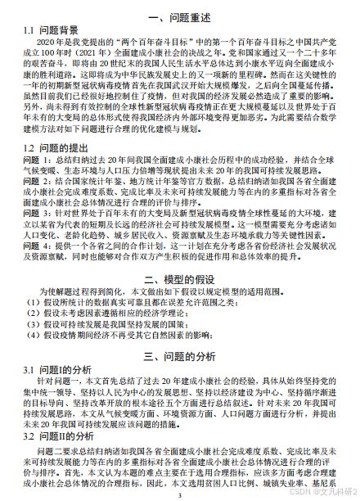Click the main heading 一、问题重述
pyautogui.click(x=179, y=17)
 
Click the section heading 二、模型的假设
pyautogui.click(x=179, y=281)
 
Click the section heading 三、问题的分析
pyautogui.click(x=179, y=356)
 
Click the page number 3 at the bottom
pyautogui.click(x=179, y=494)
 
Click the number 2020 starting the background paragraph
pyautogui.click(x=48, y=42)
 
